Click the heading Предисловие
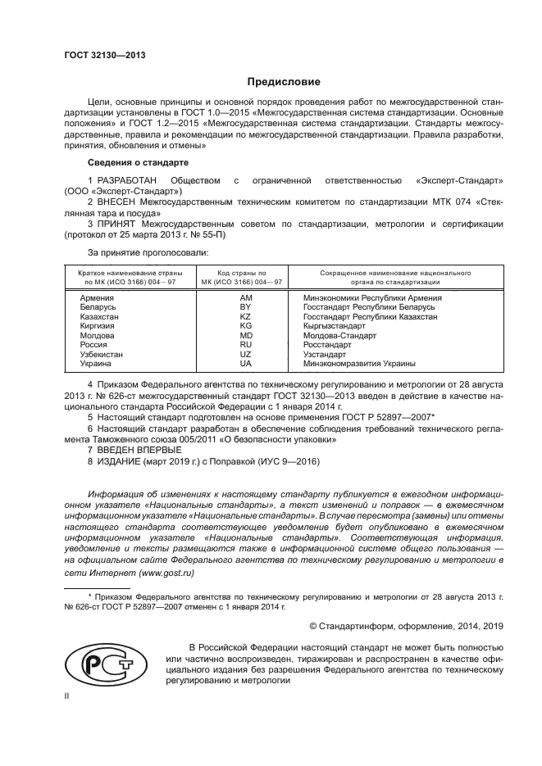pyautogui.click(x=284, y=82)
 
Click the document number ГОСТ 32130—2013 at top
pyautogui.click(x=104, y=56)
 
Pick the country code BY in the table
pyautogui.click(x=244, y=307)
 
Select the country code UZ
pyautogui.click(x=244, y=354)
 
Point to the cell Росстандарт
pyautogui.click(x=328, y=345)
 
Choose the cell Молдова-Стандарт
pyautogui.click(x=339, y=336)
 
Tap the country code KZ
pyautogui.click(x=244, y=317)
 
